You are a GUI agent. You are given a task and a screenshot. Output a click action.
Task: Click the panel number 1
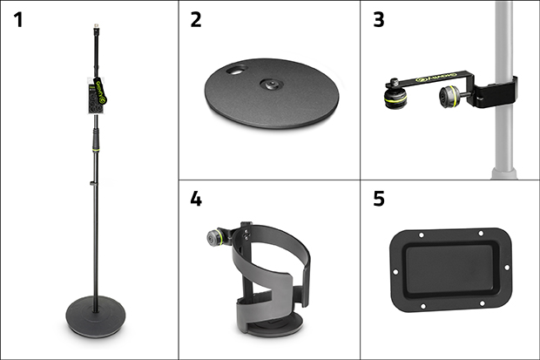tap(18, 20)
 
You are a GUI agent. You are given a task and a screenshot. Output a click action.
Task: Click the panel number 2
tap(196, 20)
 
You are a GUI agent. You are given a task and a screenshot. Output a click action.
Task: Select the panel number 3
tap(377, 20)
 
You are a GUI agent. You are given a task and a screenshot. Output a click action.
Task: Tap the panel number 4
tap(196, 200)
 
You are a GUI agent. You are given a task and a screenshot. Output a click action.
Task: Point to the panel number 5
tap(377, 200)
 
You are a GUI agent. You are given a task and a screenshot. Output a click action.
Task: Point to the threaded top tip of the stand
tap(93, 30)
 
